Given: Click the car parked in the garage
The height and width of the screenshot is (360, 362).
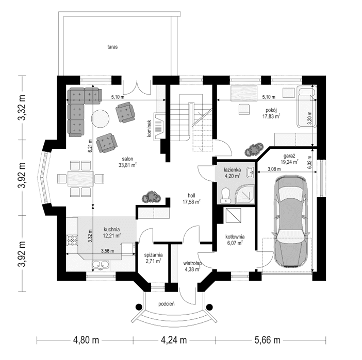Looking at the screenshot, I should [292, 222].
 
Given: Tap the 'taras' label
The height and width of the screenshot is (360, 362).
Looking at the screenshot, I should [113, 47].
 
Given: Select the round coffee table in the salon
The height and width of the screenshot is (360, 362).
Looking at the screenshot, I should [100, 119].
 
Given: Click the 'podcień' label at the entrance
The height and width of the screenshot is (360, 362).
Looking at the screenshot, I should [167, 304].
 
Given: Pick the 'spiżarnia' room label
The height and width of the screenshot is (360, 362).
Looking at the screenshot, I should [154, 254].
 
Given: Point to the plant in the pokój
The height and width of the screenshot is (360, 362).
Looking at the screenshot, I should [253, 150].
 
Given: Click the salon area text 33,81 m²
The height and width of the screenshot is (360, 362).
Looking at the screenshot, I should [127, 165].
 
